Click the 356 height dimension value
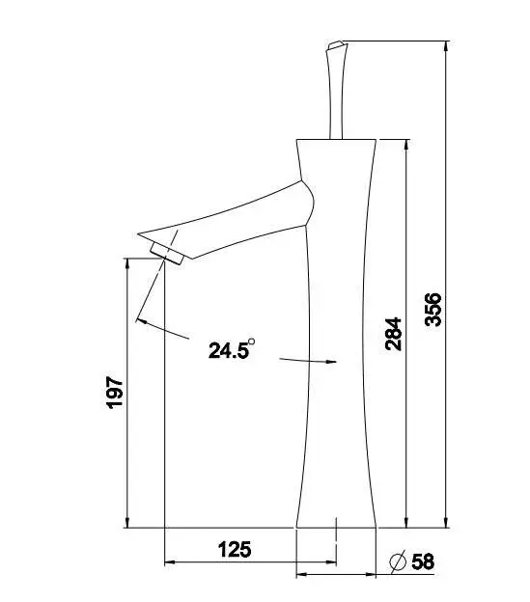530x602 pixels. point(433,310)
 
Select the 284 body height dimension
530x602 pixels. point(394,333)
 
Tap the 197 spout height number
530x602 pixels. point(114,393)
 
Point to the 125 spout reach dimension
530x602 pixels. point(234,550)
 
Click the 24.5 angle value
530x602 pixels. point(228,350)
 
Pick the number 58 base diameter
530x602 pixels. point(424,561)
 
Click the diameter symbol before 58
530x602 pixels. point(396,561)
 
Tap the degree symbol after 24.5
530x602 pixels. point(251,341)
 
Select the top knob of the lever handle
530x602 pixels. point(334,46)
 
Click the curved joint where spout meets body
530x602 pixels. point(307,203)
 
